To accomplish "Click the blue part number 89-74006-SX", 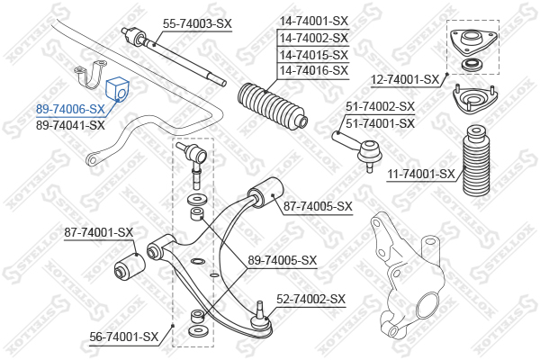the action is (70, 109).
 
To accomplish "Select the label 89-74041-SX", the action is (70, 125).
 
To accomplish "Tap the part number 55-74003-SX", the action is (197, 23).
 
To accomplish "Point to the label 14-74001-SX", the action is (314, 21).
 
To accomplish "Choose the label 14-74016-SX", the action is (314, 70).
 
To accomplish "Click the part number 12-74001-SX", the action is (405, 80).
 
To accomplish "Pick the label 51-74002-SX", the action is (380, 106).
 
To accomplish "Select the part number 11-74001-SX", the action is (421, 175).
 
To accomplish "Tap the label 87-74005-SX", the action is (318, 207).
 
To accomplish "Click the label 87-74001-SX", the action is (98, 232).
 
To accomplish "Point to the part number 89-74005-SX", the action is (282, 260).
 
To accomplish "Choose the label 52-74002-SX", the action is (310, 299).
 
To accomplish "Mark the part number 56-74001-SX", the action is (124, 337).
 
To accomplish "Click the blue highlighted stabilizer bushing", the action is (117, 89).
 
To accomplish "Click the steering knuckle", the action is (407, 274).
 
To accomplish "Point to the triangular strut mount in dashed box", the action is (473, 41).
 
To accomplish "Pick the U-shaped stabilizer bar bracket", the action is (91, 74).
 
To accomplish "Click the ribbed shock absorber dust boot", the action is (475, 160).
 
